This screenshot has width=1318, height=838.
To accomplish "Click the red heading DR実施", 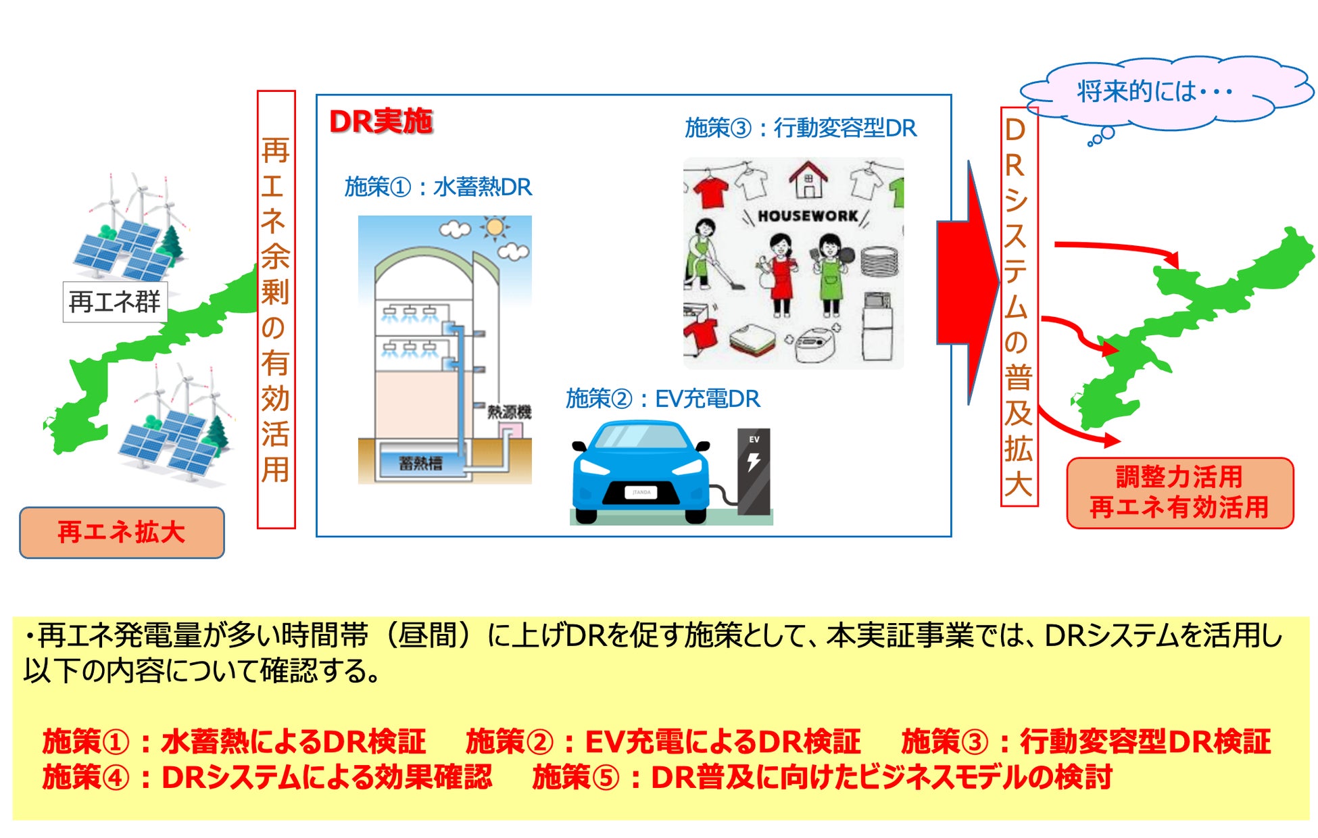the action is (x=381, y=122).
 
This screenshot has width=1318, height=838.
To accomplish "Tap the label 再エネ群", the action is (x=115, y=301).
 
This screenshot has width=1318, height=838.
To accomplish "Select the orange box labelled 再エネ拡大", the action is (x=122, y=533).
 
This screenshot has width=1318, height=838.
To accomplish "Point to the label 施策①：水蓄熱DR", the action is (x=438, y=187).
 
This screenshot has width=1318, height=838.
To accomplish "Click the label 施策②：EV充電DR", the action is (x=662, y=399).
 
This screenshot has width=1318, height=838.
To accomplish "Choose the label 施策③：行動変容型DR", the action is (x=800, y=128).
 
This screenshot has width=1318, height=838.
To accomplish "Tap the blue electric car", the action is (x=640, y=473).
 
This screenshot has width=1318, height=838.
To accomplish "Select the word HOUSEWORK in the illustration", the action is (x=808, y=216).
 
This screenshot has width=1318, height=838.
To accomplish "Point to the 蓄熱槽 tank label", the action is (x=420, y=463).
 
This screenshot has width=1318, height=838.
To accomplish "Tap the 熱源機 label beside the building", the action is (x=509, y=412).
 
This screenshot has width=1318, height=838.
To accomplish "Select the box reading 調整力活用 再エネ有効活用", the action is (x=1179, y=493).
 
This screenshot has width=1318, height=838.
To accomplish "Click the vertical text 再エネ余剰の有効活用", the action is (x=276, y=310).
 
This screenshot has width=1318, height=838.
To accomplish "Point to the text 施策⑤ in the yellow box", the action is (x=575, y=777).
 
